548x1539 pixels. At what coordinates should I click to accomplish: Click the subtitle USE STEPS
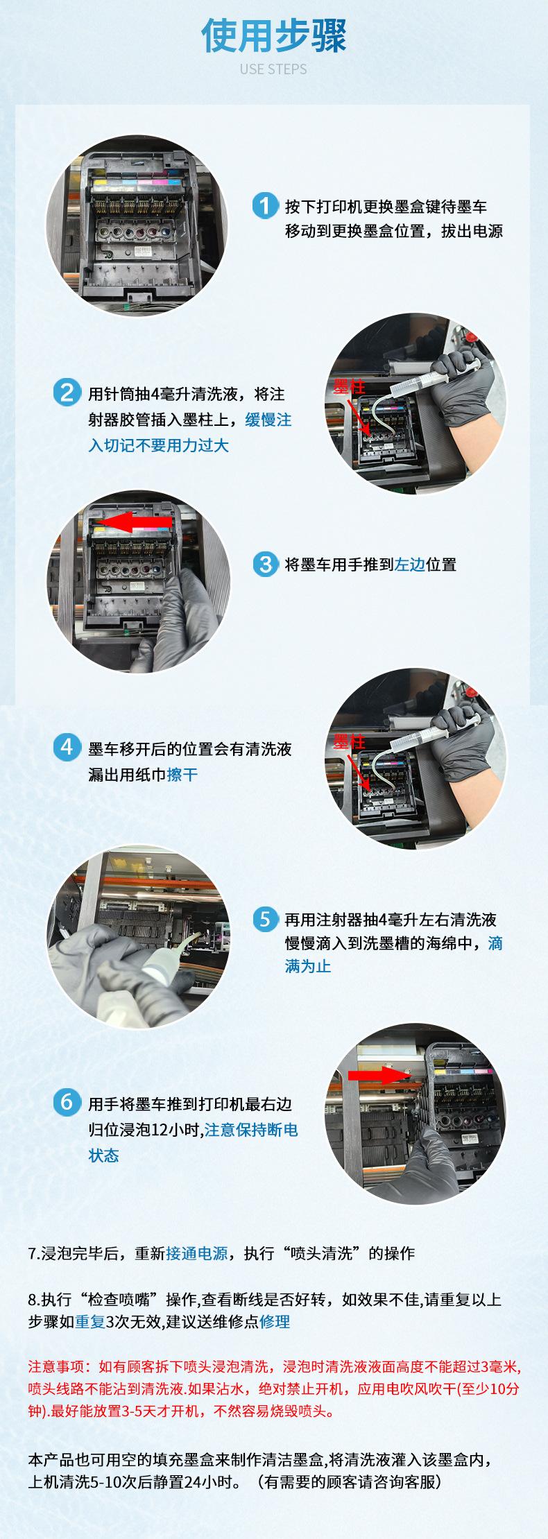tap(273, 69)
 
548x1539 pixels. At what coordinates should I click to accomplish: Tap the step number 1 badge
tap(265, 206)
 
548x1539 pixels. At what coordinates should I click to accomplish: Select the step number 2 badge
tap(67, 393)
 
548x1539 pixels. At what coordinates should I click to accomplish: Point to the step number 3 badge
tap(265, 564)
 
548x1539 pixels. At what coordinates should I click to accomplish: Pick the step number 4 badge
tap(67, 747)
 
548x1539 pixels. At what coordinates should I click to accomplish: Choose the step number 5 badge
tap(265, 919)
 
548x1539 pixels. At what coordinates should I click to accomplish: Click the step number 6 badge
tap(67, 1102)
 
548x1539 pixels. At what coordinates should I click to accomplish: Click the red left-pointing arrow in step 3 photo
tap(133, 522)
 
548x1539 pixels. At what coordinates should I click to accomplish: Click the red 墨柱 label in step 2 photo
tap(349, 387)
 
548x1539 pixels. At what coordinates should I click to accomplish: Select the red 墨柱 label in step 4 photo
tap(349, 741)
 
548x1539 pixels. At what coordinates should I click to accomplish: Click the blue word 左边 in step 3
tap(410, 565)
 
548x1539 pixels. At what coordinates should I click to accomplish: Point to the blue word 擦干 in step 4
tap(182, 774)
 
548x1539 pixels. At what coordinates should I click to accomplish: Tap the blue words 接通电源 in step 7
tap(196, 1253)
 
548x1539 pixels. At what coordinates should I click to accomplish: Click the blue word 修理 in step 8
tap(275, 1321)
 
